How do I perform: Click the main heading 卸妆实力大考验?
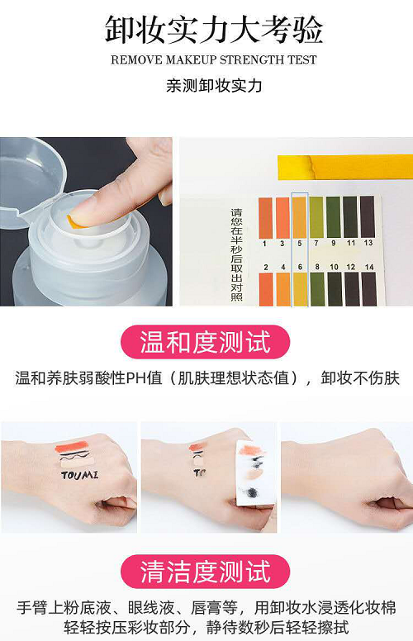pos(213,30)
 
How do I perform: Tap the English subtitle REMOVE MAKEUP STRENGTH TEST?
pos(213,59)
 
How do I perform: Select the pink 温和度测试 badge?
pos(206,342)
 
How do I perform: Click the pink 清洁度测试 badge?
pos(206,571)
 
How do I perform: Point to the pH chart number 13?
pos(368,243)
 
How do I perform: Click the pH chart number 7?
pos(316,243)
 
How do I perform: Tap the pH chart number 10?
pos(334,267)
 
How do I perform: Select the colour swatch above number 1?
pos(265,218)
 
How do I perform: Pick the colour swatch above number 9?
pos(333,217)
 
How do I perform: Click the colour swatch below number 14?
pos(369,288)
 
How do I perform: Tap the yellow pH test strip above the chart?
pos(345,167)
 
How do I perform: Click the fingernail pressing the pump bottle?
pos(77,221)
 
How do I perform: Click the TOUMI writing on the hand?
pos(79,475)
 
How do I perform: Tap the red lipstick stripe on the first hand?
pos(70,446)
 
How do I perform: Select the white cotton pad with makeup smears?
pos(254,474)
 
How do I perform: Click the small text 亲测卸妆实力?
pos(213,86)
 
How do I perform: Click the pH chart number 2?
pos(266,267)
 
